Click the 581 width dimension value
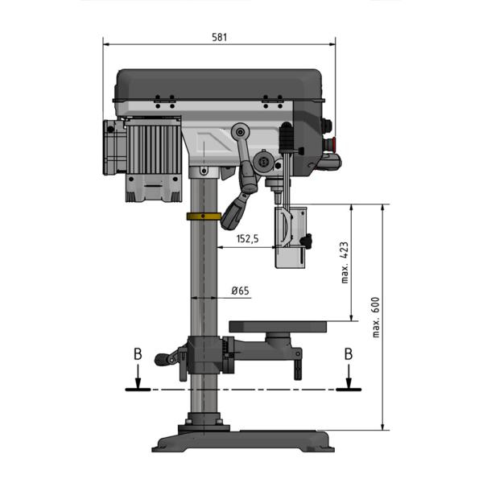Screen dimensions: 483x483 (x=219, y=37)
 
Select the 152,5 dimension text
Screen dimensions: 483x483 (x=247, y=239)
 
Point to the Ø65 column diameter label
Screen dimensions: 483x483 (x=240, y=291)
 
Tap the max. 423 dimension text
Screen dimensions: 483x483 (x=345, y=262)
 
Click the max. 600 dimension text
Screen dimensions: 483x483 (x=376, y=317)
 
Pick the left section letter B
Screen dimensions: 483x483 (x=138, y=354)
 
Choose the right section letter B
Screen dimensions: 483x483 (x=349, y=354)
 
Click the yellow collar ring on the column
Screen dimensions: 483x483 (x=204, y=217)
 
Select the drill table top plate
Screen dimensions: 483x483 (x=278, y=327)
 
